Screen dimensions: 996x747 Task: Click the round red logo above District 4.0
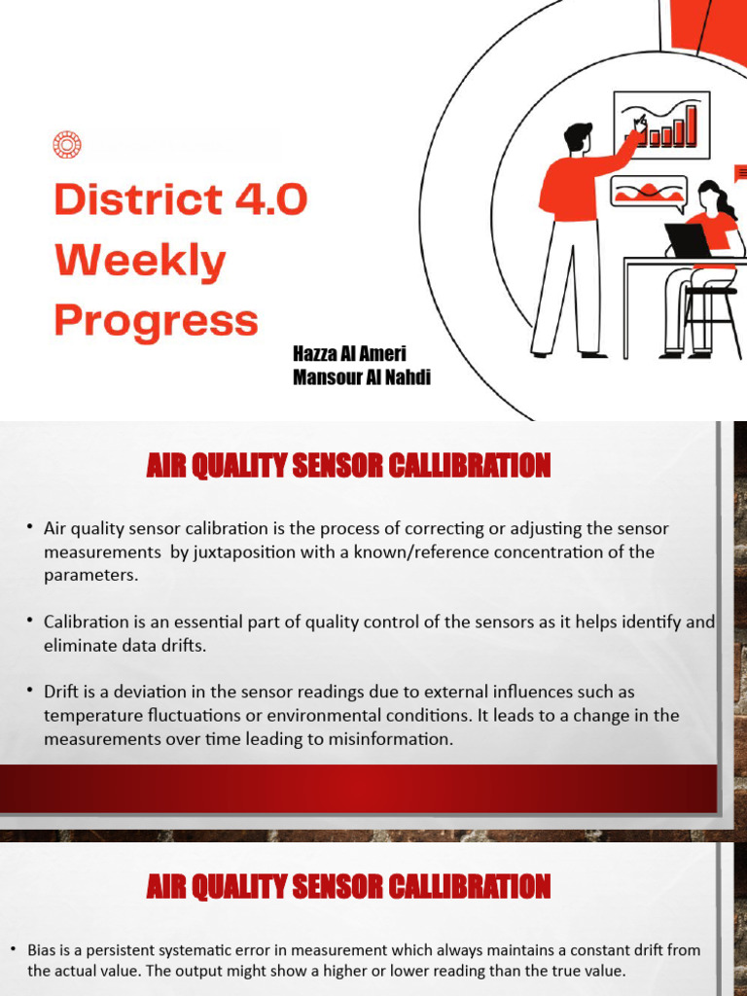coord(66,146)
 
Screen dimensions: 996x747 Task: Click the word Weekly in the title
coord(140,261)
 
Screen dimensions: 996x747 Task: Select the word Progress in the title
coord(156,320)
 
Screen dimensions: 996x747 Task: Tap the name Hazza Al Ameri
coord(349,355)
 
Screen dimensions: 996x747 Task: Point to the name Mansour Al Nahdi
coord(361,377)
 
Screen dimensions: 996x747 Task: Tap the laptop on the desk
coord(689,240)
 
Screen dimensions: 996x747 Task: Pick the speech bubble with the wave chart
coord(648,193)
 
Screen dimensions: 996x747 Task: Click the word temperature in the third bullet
coord(89,715)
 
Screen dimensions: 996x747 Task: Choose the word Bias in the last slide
coord(43,949)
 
